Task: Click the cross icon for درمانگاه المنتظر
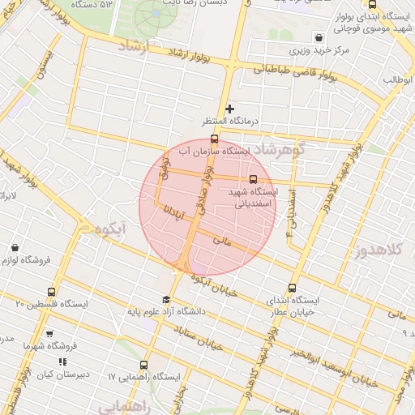coord(229,108)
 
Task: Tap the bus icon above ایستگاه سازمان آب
coord(213,139)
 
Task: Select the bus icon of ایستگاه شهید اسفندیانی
coord(253,179)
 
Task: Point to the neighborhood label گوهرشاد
coord(278,151)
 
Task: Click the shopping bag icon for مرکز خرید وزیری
coord(319,37)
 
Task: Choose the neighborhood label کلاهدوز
coord(379,251)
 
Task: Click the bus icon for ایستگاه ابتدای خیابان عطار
coord(293,287)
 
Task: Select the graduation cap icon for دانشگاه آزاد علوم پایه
coord(166,298)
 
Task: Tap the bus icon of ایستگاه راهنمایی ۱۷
coord(143,365)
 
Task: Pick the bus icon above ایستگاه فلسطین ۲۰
coord(52,291)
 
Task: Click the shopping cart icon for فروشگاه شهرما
coord(49,333)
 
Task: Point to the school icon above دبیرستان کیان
coord(62,362)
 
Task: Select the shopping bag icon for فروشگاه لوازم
coord(15,247)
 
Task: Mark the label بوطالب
coord(398,79)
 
